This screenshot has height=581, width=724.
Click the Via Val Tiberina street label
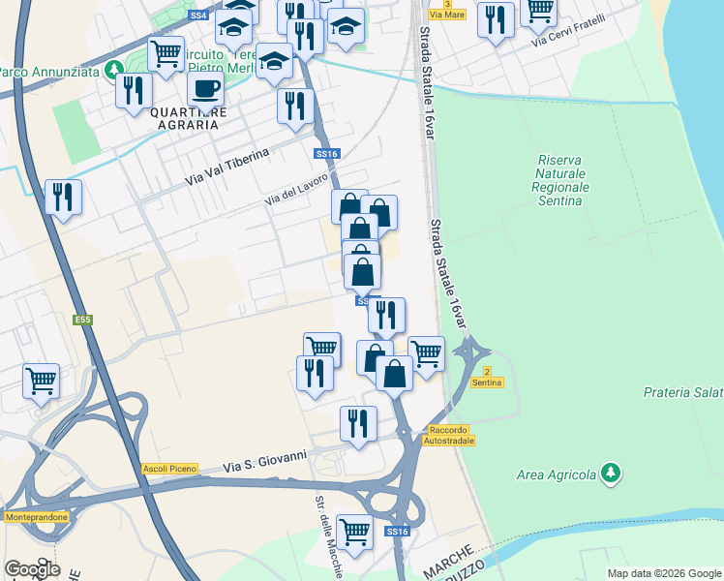click(x=226, y=172)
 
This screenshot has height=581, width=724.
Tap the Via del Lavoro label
click(x=298, y=194)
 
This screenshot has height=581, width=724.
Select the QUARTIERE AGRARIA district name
click(x=189, y=117)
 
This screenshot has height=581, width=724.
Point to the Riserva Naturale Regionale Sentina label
click(x=561, y=180)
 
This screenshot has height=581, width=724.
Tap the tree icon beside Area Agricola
click(x=610, y=474)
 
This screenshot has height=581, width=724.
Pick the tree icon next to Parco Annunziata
click(x=114, y=71)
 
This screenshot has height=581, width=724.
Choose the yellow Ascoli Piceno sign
click(x=170, y=469)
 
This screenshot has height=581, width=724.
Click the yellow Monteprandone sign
click(x=37, y=517)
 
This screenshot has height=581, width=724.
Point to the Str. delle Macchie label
click(x=328, y=538)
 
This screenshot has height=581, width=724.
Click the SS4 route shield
click(x=197, y=16)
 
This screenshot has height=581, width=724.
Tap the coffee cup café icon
click(x=205, y=89)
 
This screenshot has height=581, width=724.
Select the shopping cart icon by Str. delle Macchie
click(x=355, y=531)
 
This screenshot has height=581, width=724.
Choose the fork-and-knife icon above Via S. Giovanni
click(x=358, y=422)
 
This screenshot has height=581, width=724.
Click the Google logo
click(x=32, y=569)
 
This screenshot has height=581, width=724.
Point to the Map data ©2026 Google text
click(x=664, y=573)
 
